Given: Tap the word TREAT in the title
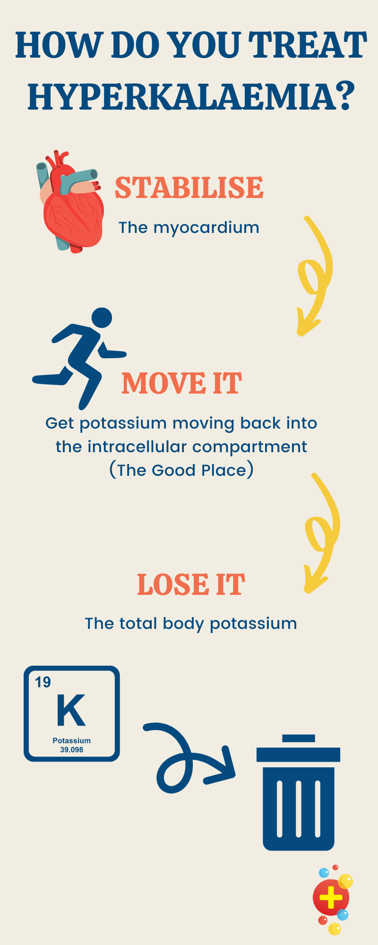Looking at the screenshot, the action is click(308, 45).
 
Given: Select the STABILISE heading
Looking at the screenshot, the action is click(189, 188).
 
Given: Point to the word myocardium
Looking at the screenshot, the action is click(206, 228).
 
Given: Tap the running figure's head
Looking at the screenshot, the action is click(101, 318).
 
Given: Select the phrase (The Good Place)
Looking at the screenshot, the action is click(181, 470).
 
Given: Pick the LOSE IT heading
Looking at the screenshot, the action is click(191, 584).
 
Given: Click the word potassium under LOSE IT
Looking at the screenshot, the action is click(253, 624).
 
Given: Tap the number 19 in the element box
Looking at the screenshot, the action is click(43, 682).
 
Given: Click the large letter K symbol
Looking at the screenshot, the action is click(71, 710).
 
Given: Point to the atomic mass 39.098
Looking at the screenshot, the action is click(71, 749).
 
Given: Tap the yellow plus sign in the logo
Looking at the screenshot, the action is click(331, 897).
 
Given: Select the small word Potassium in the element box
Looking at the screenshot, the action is click(71, 740).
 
